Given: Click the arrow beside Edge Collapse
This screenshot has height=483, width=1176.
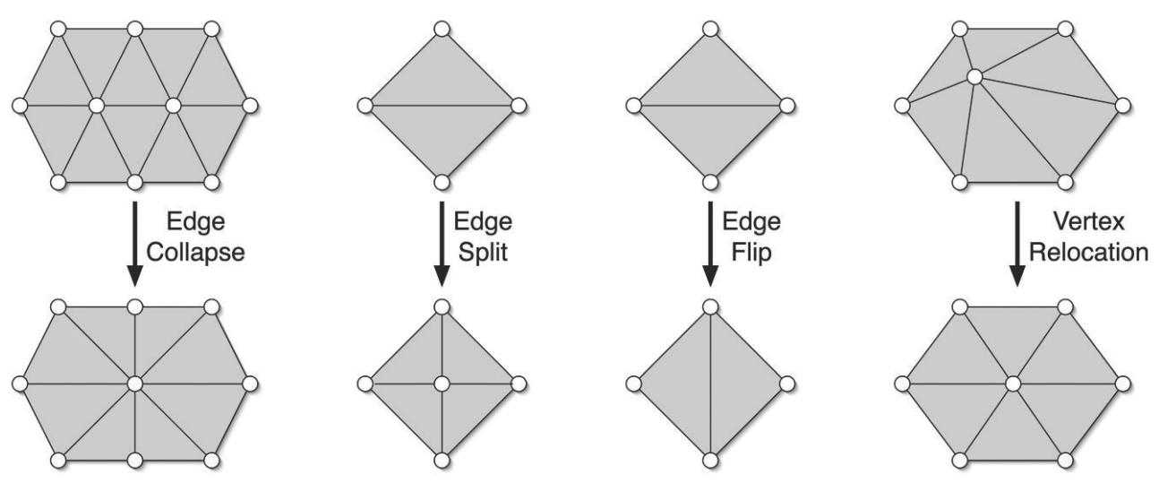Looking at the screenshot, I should click(x=134, y=242).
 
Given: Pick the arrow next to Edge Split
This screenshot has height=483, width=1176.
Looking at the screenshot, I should click(x=441, y=242).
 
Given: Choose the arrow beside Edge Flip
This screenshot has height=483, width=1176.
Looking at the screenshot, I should click(x=709, y=242).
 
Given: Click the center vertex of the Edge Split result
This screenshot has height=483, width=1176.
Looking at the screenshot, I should click(x=441, y=384).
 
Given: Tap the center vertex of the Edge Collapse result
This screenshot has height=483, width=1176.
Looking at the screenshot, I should click(x=134, y=384).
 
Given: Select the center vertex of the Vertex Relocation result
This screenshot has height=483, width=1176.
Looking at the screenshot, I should click(x=1013, y=384).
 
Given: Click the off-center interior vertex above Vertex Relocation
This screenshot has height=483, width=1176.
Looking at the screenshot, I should click(x=975, y=78).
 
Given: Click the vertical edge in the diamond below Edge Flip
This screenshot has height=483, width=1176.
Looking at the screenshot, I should click(x=709, y=384).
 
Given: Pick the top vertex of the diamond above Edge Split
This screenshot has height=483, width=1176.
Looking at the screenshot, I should click(x=441, y=30).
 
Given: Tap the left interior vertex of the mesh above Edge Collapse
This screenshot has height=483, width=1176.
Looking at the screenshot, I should click(x=97, y=106).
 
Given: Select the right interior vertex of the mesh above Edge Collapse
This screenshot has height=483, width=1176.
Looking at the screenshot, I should click(x=173, y=106).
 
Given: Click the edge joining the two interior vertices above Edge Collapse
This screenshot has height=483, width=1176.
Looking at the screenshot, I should click(x=134, y=106).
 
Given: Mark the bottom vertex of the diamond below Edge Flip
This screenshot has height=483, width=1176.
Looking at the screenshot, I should click(x=709, y=461).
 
